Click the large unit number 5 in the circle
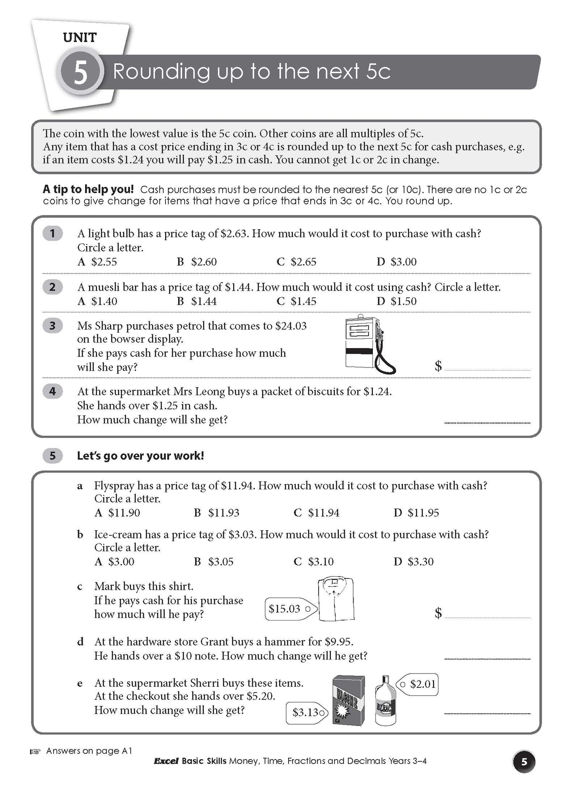[x=80, y=73]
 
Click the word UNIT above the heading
[x=80, y=38]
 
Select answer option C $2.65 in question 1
[x=297, y=262]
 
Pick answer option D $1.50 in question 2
[x=397, y=301]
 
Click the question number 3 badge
[x=52, y=326]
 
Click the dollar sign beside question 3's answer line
[x=438, y=365]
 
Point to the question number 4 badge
[x=52, y=392]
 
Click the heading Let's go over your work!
[x=141, y=456]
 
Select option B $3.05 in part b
[x=214, y=561]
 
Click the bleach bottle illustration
[x=386, y=701]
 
